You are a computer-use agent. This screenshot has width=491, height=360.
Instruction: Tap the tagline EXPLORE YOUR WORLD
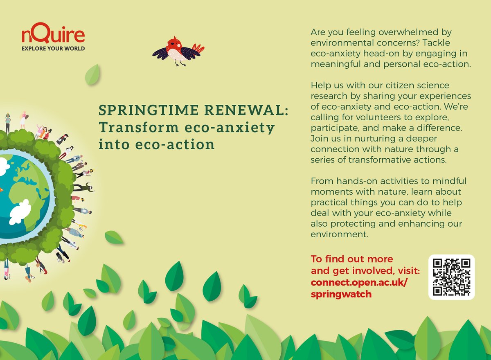(x=53, y=49)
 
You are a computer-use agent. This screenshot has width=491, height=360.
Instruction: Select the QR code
(x=451, y=277)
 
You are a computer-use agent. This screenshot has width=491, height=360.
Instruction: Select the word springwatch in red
(x=341, y=294)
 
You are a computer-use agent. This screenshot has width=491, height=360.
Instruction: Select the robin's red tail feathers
(x=198, y=49)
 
